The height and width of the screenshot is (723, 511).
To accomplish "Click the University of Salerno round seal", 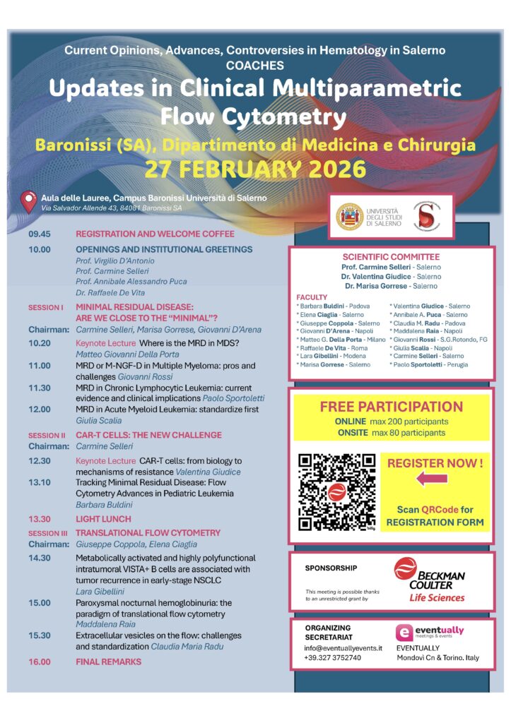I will (x=349, y=215).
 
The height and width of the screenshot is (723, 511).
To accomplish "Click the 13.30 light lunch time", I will (x=40, y=519).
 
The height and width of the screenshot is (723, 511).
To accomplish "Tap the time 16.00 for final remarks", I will (x=40, y=662).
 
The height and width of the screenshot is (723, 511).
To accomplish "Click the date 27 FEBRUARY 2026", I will (x=255, y=169).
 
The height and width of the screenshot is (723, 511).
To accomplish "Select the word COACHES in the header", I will (x=255, y=66).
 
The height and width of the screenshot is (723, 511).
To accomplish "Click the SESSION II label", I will (x=47, y=436).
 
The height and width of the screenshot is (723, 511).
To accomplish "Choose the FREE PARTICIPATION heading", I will (x=391, y=407).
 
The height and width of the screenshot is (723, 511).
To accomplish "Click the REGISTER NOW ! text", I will (x=435, y=463).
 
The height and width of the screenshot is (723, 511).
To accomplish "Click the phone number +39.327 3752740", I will (x=333, y=658).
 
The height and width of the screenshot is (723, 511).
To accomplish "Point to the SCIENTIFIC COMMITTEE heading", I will (x=391, y=257).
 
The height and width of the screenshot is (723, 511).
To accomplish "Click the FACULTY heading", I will (x=312, y=298).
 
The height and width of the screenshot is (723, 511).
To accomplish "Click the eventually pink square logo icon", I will (x=404, y=633).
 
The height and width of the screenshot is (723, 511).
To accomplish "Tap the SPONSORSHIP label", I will (x=331, y=568).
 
